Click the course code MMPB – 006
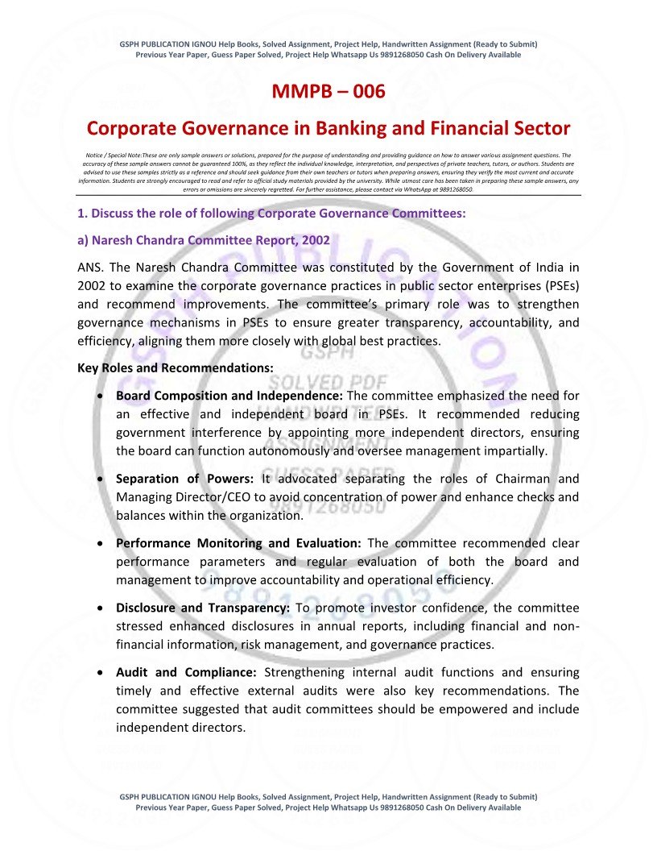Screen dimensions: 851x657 tap(328, 92)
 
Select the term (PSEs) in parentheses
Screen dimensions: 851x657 tap(562, 285)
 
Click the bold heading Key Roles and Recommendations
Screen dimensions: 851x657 tap(175, 368)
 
